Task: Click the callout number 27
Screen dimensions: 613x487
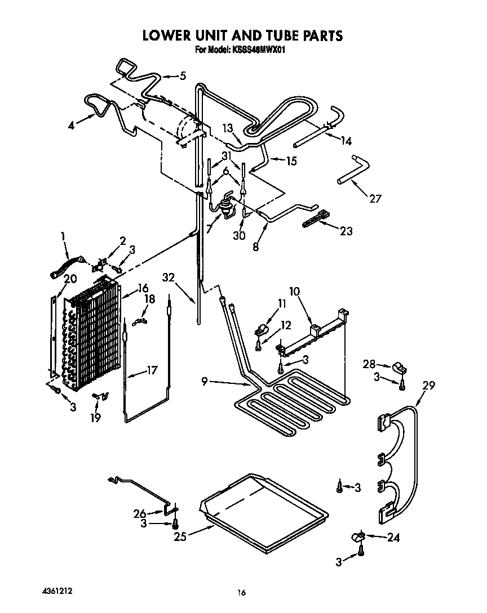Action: point(375,198)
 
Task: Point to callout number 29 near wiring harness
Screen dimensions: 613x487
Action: point(430,386)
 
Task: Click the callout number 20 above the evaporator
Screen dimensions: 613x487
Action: point(70,278)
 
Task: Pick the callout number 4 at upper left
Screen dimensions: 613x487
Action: point(72,126)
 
